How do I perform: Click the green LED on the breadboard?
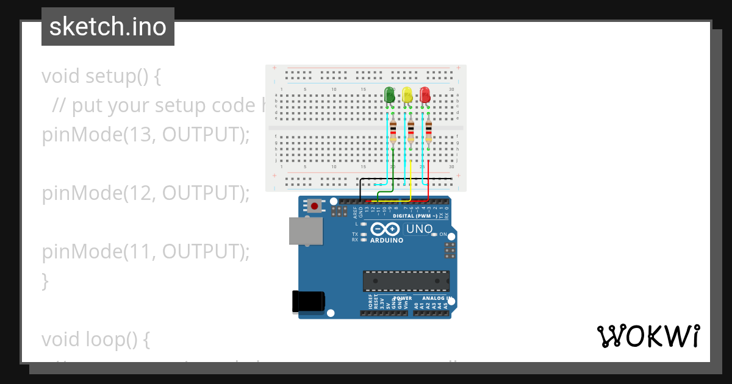(389, 95)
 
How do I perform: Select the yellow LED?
(407, 95)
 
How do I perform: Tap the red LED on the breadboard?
(425, 95)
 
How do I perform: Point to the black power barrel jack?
(308, 301)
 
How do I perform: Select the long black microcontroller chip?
(406, 280)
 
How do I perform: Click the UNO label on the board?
(419, 229)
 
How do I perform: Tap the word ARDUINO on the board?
(387, 240)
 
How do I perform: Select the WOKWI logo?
(648, 336)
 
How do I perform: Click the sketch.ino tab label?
(108, 27)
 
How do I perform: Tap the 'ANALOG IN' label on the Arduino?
(432, 299)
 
